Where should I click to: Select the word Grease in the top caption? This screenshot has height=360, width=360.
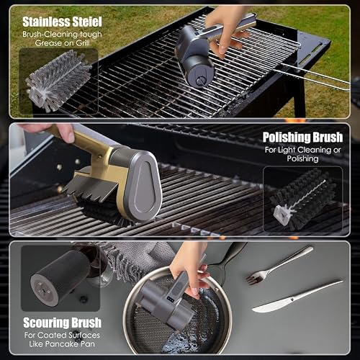[x=48, y=43]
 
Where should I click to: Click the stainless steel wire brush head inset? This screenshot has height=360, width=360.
[x=58, y=80]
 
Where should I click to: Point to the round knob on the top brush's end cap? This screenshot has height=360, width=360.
[x=200, y=81]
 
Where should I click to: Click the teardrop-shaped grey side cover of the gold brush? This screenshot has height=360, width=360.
[x=143, y=186]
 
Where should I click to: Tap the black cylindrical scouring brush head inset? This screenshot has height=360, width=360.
[x=60, y=279]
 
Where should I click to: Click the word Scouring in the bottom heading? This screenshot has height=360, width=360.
[x=44, y=323]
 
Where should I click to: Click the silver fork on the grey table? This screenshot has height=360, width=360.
[x=279, y=266]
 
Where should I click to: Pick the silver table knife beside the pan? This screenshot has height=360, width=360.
[x=297, y=297]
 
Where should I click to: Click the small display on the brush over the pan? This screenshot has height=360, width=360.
[x=171, y=300]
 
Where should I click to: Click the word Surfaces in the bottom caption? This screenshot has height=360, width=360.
[x=84, y=336]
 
